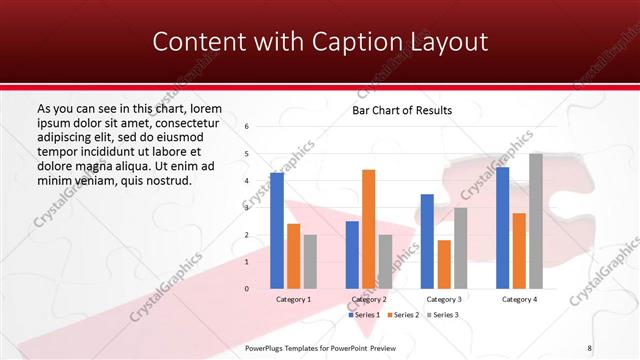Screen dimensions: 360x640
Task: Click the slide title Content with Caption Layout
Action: click(x=320, y=42)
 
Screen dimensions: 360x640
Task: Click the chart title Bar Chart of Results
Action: click(x=402, y=110)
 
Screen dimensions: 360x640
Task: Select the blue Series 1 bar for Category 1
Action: click(x=277, y=230)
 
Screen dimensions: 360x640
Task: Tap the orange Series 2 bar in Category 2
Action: click(x=368, y=229)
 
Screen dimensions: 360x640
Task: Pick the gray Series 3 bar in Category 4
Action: click(x=536, y=221)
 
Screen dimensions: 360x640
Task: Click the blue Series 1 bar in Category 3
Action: click(x=427, y=241)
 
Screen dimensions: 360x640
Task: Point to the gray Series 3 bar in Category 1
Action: click(x=310, y=261)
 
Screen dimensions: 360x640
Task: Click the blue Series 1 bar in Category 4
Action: click(x=502, y=228)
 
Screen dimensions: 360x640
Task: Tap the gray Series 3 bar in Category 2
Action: click(x=385, y=261)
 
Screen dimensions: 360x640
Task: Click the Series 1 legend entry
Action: click(x=365, y=315)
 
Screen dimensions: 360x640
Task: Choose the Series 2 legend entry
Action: click(x=403, y=315)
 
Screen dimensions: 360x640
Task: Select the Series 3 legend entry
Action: click(x=441, y=315)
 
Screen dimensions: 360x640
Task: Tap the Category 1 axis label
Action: click(x=293, y=299)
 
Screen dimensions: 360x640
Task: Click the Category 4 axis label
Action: click(x=519, y=299)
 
